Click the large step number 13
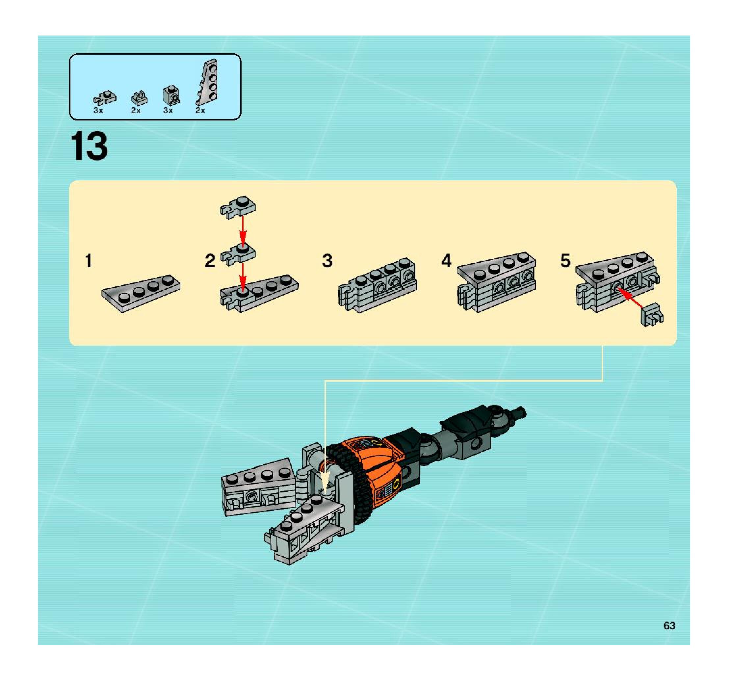(x=89, y=146)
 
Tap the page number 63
(x=669, y=626)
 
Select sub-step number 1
(x=88, y=261)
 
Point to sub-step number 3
(x=327, y=261)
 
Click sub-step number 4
(x=446, y=261)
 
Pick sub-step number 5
(x=565, y=261)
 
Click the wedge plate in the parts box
(x=207, y=82)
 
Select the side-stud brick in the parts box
(x=171, y=95)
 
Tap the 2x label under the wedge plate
(x=200, y=111)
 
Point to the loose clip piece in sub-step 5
(x=652, y=315)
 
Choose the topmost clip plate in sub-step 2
(x=238, y=207)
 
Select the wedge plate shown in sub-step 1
(x=141, y=293)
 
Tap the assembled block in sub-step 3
(x=378, y=285)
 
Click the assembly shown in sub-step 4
(x=496, y=282)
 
